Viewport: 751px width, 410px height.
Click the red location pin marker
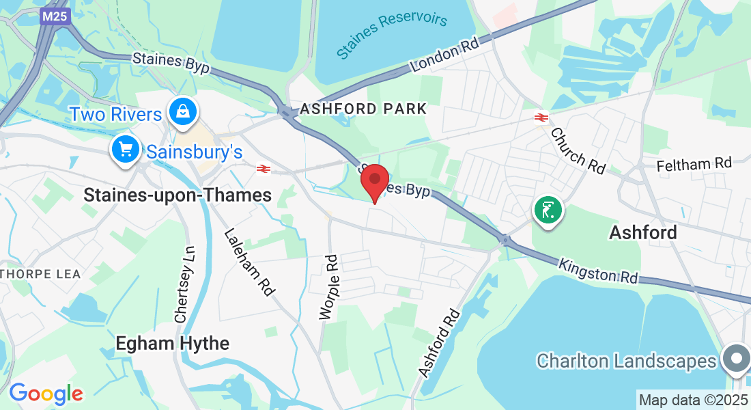coord(375,182)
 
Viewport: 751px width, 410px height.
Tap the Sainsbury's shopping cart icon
coord(125,150)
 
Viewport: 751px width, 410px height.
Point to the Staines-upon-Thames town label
coord(178,195)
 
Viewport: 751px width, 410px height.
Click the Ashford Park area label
coord(363,109)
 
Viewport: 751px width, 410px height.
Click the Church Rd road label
coord(578,150)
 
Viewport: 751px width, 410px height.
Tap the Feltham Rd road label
coord(694,164)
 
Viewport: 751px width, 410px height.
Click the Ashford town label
coord(642,232)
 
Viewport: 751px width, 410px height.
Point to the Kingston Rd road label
coord(599,271)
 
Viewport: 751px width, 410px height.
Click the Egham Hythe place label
coord(172,343)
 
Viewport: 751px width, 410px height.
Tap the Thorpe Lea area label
coord(41,274)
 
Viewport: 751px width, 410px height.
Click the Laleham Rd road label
coord(249,262)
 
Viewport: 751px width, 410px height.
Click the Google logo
coord(46,394)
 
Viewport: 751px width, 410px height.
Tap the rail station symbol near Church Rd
coord(541,118)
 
